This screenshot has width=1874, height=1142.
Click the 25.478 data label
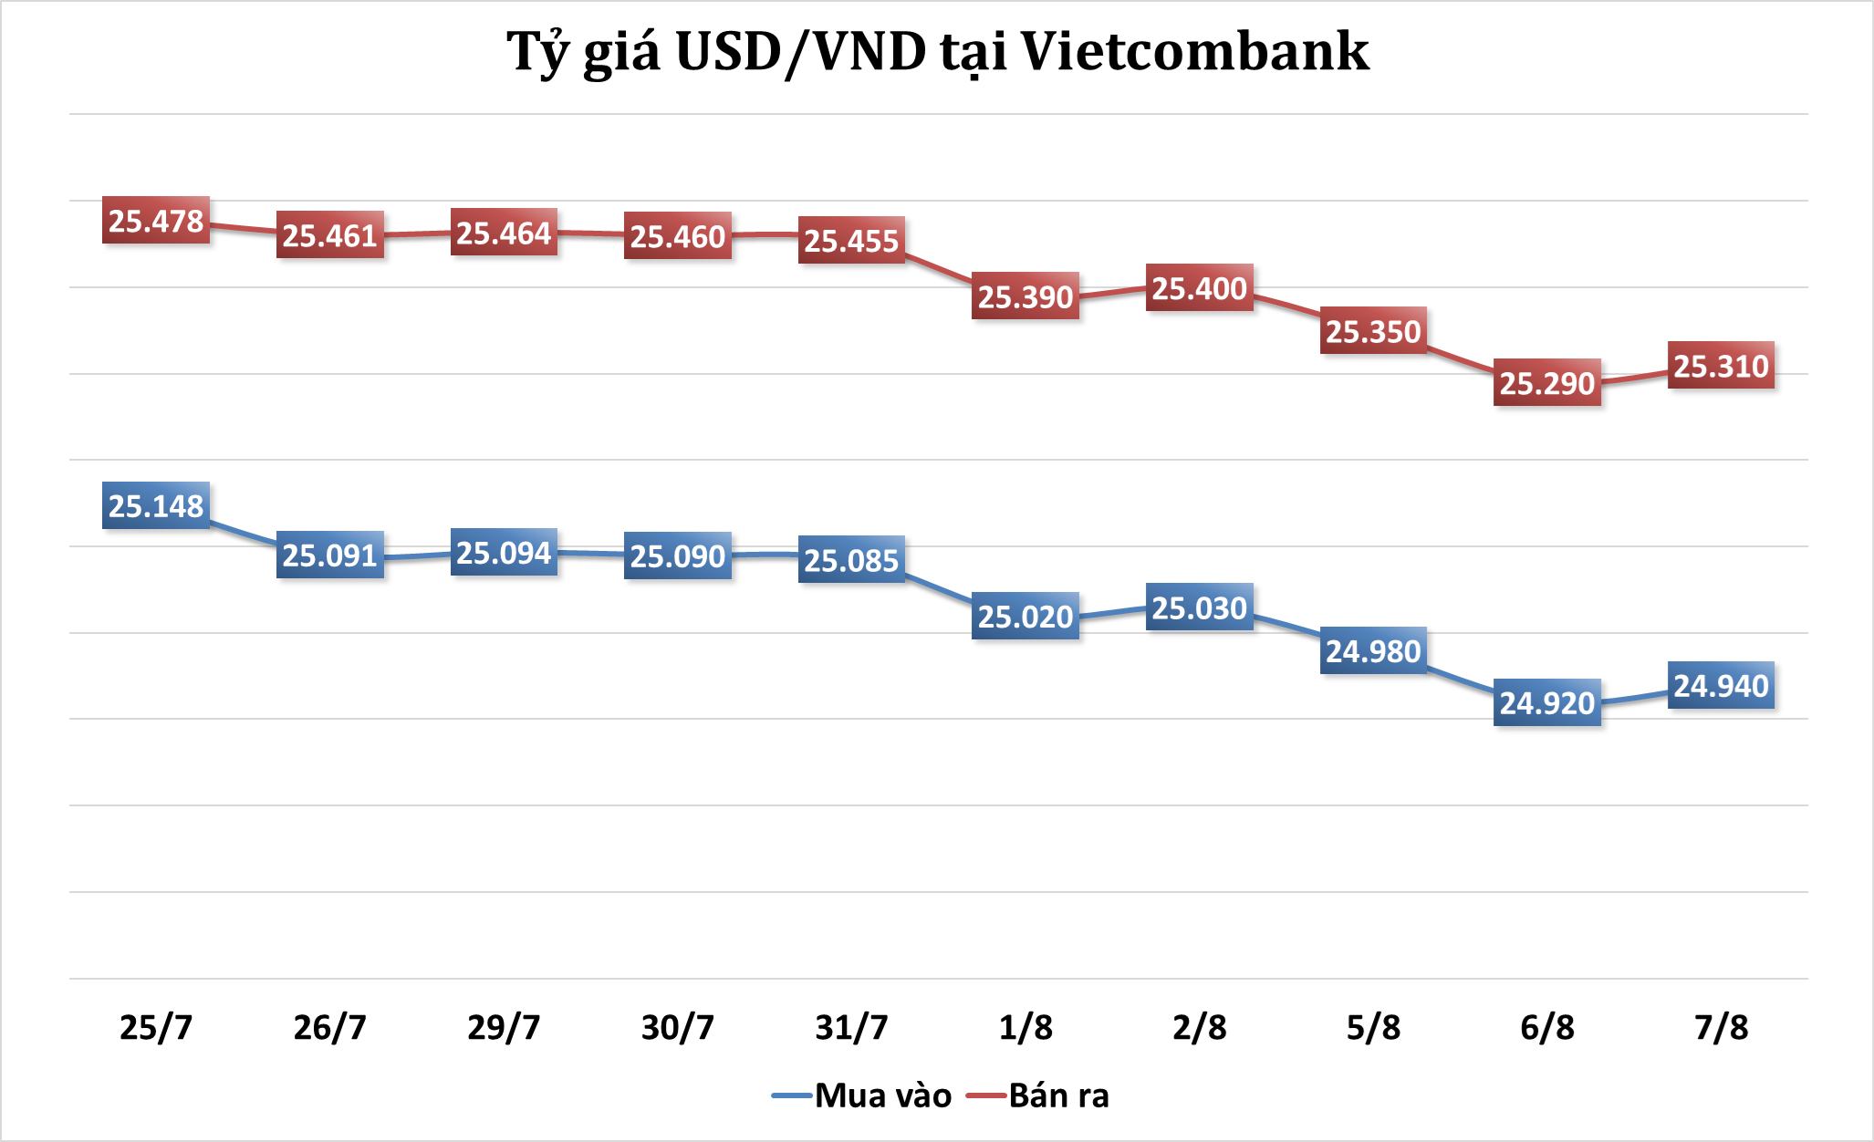(x=156, y=221)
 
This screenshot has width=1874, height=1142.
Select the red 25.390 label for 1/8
(x=1025, y=296)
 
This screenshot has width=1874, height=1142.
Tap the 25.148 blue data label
(x=156, y=505)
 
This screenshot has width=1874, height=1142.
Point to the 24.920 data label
(x=1547, y=702)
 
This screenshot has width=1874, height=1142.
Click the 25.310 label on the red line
(x=1721, y=366)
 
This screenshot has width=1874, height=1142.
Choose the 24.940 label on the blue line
(x=1721, y=685)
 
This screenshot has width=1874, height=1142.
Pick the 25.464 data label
(x=504, y=233)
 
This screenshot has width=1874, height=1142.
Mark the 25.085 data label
(x=851, y=560)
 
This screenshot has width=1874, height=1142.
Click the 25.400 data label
(x=1199, y=288)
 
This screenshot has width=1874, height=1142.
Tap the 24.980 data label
(x=1373, y=650)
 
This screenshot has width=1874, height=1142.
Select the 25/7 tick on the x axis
(x=156, y=1027)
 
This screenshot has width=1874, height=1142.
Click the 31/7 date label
(x=851, y=1027)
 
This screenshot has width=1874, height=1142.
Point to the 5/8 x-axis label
(x=1373, y=1027)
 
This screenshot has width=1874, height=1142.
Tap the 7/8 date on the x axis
(x=1721, y=1027)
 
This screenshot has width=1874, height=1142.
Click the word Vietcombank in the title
(x=1194, y=51)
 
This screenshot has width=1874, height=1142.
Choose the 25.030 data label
(x=1199, y=607)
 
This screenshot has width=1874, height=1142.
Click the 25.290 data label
(x=1547, y=383)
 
